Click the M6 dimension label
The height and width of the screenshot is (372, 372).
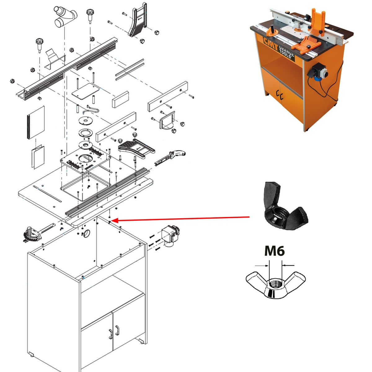274,251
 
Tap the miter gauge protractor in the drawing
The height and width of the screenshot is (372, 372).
33,234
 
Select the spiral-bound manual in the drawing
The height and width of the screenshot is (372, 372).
36,122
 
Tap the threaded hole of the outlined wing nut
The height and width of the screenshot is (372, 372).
275,284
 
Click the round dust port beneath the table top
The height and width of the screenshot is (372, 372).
87,234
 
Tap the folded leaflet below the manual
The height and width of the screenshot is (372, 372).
38,157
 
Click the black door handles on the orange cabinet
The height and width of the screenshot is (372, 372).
280,95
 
